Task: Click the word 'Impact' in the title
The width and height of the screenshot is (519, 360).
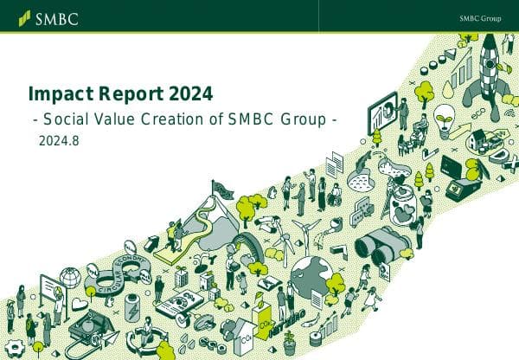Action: coord(57,93)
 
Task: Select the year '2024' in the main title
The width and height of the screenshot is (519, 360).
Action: coord(189,93)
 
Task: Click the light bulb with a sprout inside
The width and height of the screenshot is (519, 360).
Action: coord(444,117)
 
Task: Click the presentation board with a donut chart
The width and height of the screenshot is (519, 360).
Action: coord(383,112)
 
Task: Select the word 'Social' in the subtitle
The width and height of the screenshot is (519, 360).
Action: coord(66,119)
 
